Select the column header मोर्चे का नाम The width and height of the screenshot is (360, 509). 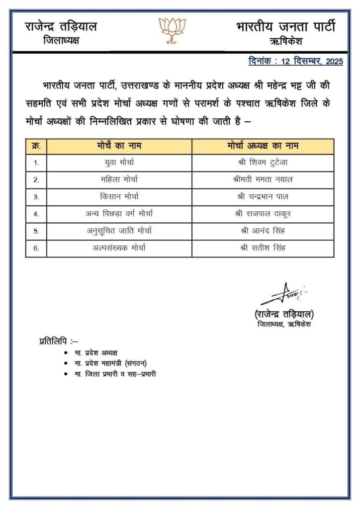(119, 146)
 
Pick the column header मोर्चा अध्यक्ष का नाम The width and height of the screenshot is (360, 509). (262, 146)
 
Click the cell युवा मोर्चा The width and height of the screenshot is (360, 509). (119, 163)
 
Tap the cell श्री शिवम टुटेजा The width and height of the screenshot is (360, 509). (262, 163)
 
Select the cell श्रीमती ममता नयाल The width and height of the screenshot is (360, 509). (262, 179)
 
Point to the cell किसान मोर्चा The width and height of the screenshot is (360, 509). (119, 196)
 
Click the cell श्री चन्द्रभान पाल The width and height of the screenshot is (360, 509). (262, 196)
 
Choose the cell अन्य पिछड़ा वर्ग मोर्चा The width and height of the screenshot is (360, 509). (119, 214)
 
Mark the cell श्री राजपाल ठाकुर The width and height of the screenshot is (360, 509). (262, 214)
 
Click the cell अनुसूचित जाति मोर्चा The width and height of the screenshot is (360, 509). (119, 231)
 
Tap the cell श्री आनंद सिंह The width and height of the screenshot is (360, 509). (262, 231)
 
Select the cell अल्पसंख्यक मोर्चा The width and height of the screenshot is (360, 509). (119, 248)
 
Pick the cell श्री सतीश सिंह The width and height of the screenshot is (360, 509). (262, 248)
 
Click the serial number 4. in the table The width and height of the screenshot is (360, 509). (36, 214)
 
